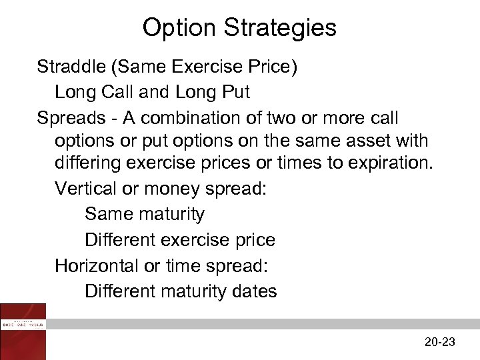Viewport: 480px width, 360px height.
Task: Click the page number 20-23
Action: click(439, 342)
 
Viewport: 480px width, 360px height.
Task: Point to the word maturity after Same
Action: click(172, 215)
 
